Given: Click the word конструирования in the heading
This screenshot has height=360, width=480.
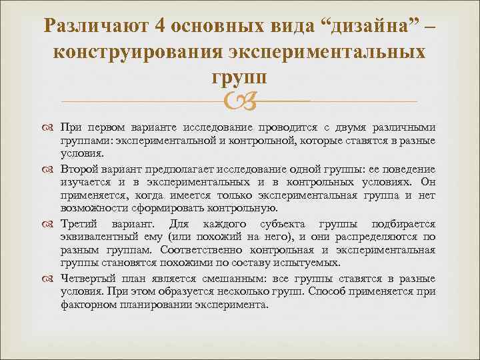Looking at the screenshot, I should (138, 53).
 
